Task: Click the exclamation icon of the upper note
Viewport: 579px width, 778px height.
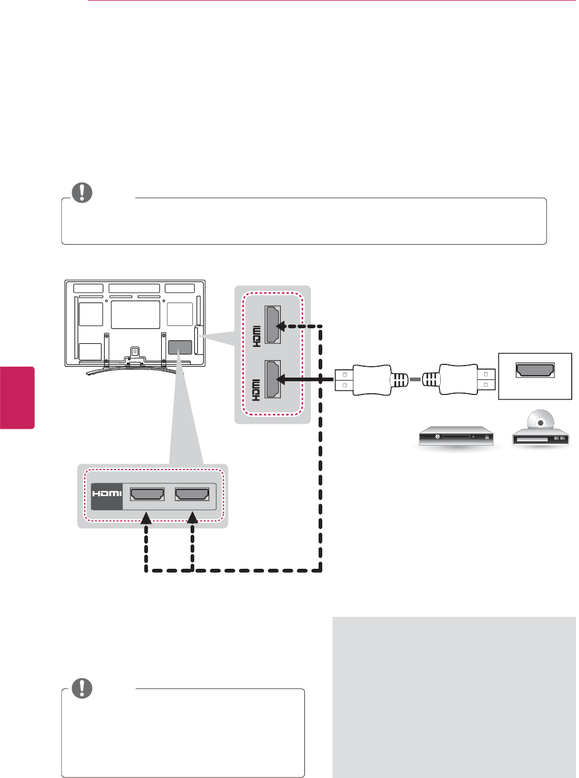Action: (x=82, y=192)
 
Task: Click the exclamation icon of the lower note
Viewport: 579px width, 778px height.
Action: (x=82, y=688)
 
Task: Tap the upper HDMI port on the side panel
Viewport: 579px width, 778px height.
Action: (x=272, y=325)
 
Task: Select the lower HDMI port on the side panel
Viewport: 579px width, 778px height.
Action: (x=272, y=379)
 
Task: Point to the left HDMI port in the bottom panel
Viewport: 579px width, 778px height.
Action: (x=147, y=494)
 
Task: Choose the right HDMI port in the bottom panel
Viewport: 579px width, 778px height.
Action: (x=192, y=494)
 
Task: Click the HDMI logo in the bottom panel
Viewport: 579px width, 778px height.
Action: (x=106, y=494)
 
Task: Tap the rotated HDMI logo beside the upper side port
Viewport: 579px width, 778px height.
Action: (x=256, y=336)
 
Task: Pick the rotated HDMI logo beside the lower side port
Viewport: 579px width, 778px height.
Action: (x=256, y=390)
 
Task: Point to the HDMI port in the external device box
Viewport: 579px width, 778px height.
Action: (x=535, y=370)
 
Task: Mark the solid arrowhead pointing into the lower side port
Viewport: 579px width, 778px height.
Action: (x=281, y=379)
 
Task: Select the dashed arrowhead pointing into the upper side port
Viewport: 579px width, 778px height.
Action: (x=281, y=326)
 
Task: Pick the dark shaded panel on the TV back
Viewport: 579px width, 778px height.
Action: (x=180, y=347)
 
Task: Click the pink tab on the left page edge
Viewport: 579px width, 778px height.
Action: (x=17, y=397)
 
